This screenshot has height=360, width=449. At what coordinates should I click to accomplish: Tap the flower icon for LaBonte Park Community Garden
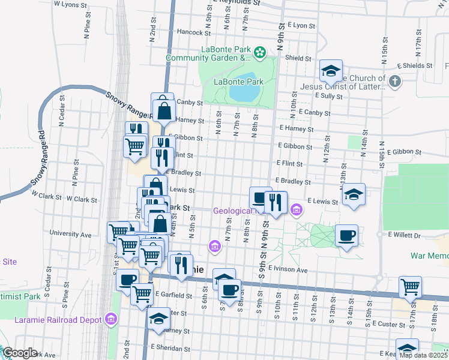(x=259, y=53)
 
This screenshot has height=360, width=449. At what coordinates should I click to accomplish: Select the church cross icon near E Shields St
(x=394, y=82)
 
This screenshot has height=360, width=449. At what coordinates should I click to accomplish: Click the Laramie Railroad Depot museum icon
(x=110, y=320)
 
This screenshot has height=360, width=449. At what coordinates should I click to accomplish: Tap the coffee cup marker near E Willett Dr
(x=347, y=235)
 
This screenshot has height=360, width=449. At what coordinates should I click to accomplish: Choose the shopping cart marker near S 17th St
(x=411, y=287)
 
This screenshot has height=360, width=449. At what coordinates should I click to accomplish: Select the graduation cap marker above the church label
(x=330, y=71)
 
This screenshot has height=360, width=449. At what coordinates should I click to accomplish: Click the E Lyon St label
(x=301, y=26)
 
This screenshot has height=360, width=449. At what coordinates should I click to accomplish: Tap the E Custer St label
(x=390, y=324)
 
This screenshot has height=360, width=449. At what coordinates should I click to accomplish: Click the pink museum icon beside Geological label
(x=296, y=209)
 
